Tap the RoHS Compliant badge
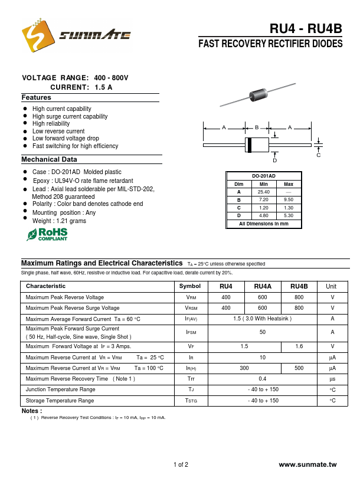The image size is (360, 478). [47, 234]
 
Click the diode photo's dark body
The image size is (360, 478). [260, 95]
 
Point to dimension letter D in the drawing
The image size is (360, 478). [274, 161]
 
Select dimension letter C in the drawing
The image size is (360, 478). [319, 155]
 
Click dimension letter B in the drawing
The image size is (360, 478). [257, 127]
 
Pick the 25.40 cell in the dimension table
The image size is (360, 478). [264, 192]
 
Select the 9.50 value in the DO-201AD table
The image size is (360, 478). [289, 200]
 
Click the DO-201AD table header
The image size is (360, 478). [264, 175]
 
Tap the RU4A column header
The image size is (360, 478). [263, 286]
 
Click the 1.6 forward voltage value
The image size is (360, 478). [299, 346]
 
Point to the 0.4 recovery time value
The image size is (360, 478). [263, 378]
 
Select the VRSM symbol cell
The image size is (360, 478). [191, 308]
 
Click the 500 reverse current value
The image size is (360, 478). [299, 368]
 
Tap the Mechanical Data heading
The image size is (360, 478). [50, 159]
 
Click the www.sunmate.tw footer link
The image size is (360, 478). [307, 465]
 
